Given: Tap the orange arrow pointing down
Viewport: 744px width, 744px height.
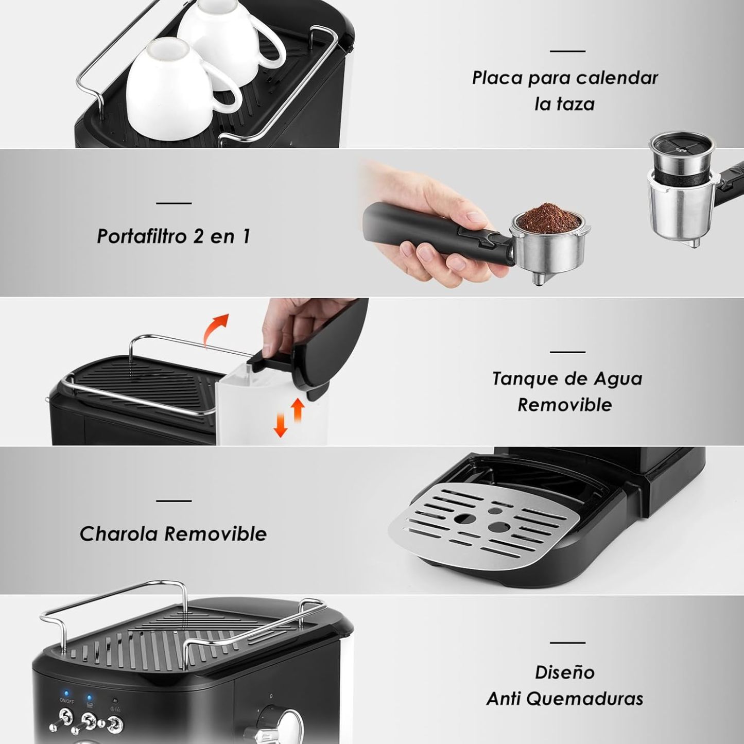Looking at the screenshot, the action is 280,425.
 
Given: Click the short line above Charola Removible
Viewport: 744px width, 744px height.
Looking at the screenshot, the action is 174,501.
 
